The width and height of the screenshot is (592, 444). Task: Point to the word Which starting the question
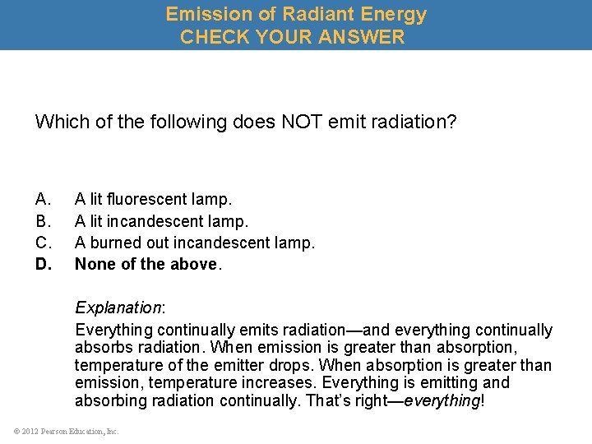[60, 123]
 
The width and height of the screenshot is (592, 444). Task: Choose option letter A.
[44, 199]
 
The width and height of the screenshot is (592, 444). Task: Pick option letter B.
[44, 221]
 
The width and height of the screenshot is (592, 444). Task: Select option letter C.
[44, 243]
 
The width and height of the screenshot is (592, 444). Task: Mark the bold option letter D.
[44, 264]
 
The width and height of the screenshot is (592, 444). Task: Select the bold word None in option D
[95, 264]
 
